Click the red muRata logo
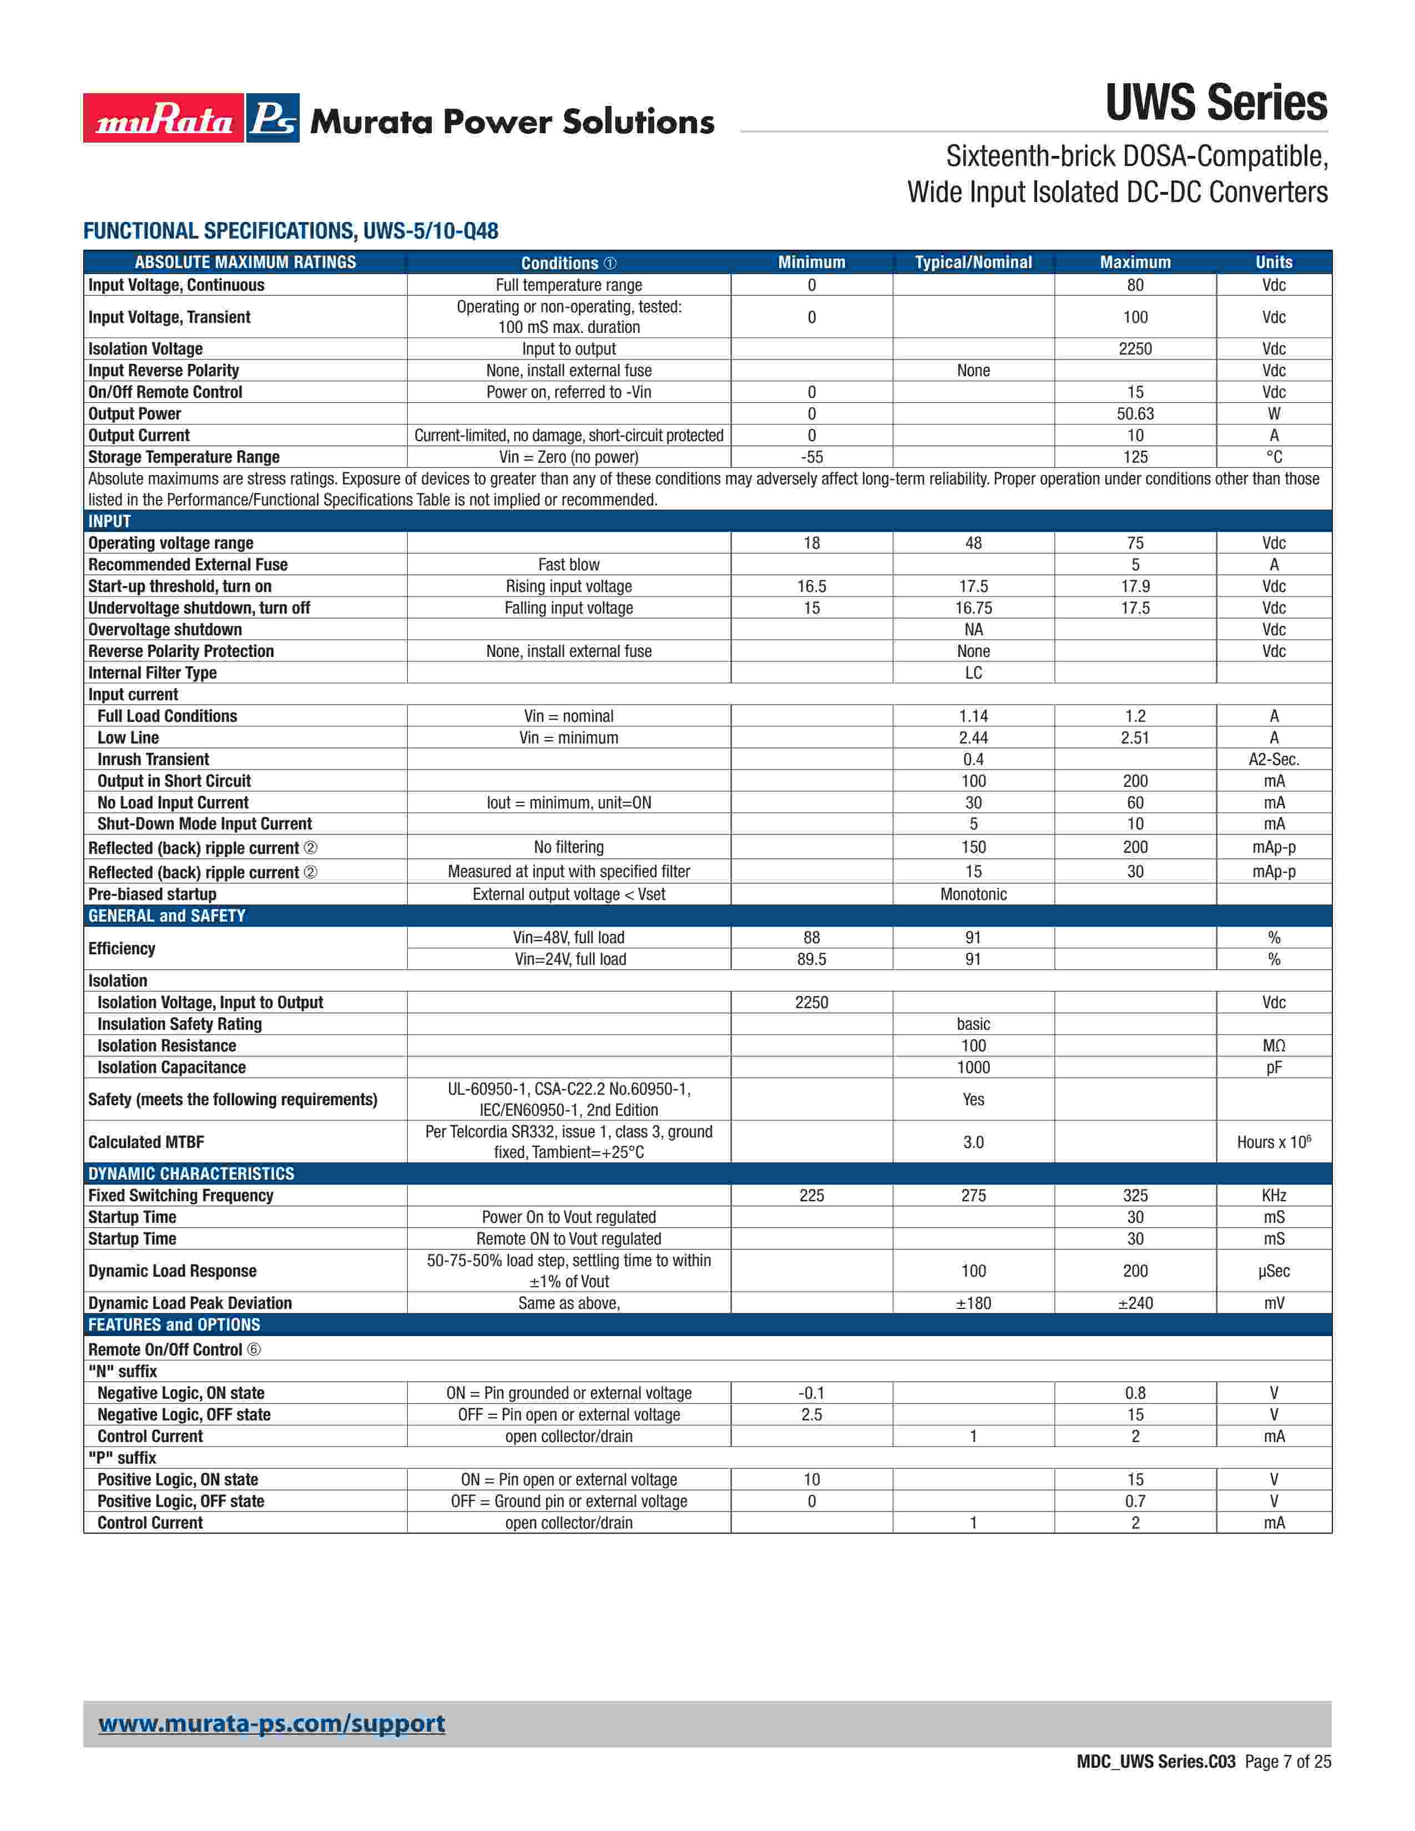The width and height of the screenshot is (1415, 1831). [164, 118]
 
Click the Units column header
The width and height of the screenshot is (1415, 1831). [1273, 262]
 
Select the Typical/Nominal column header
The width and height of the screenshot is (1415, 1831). [973, 262]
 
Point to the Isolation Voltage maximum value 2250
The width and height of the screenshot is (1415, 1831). [1135, 349]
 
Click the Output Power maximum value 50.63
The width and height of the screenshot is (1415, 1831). [1135, 414]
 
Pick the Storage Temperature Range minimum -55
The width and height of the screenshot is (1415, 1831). [811, 457]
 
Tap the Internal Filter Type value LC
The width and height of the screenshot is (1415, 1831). [973, 673]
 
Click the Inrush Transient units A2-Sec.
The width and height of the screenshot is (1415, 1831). [1273, 760]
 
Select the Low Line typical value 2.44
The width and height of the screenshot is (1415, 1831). [973, 738]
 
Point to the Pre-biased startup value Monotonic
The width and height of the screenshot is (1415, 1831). [973, 894]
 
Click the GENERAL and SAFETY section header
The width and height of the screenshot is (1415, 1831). [167, 915]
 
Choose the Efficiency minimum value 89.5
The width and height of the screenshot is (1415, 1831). [811, 959]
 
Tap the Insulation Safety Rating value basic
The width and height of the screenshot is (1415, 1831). [973, 1024]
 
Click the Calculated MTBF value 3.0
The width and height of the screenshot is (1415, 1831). [973, 1142]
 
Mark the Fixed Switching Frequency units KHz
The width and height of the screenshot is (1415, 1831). [1273, 1196]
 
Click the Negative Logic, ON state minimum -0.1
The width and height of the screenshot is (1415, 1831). [811, 1393]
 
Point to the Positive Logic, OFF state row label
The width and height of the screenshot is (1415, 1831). [180, 1501]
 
